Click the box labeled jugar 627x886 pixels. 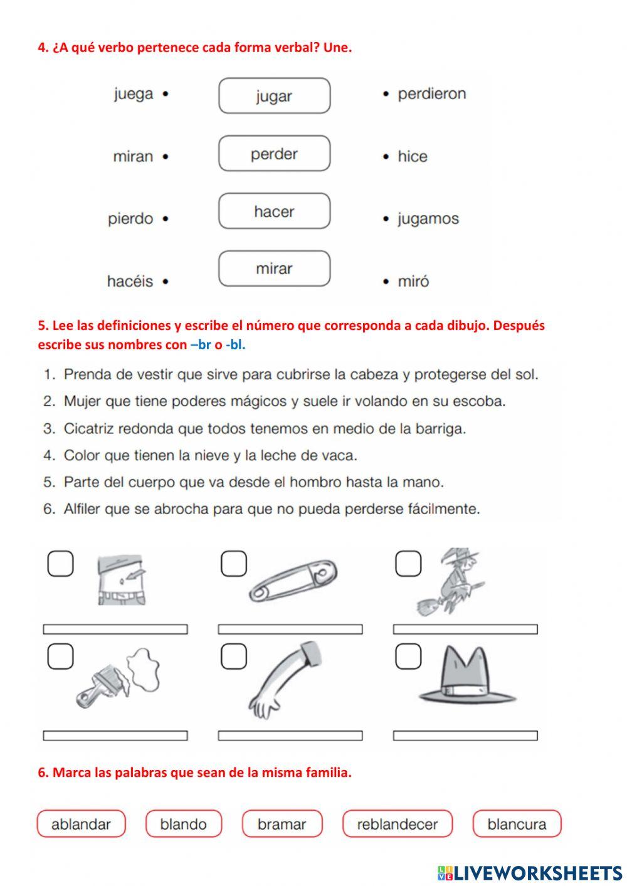pyautogui.click(x=274, y=96)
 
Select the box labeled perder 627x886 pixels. pyautogui.click(x=274, y=154)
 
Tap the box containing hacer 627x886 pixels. pyautogui.click(x=274, y=211)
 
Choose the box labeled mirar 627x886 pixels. pyautogui.click(x=274, y=269)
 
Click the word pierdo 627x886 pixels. pyautogui.click(x=130, y=219)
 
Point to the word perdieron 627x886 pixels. pyautogui.click(x=431, y=94)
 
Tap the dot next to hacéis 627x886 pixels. pyautogui.click(x=166, y=282)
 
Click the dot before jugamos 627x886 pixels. pyautogui.click(x=386, y=219)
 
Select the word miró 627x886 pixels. pyautogui.click(x=413, y=282)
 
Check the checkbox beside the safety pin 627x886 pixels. pyautogui.click(x=234, y=563)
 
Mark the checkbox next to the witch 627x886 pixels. pyautogui.click(x=408, y=563)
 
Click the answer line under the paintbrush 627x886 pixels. pyautogui.click(x=115, y=735)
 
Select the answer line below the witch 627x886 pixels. pyautogui.click(x=465, y=629)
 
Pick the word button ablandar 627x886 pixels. pyautogui.click(x=81, y=824)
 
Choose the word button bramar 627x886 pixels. pyautogui.click(x=282, y=824)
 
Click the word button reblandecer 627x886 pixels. pyautogui.click(x=397, y=824)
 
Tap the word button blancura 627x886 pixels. pyautogui.click(x=517, y=824)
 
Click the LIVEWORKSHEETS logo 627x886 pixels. pyautogui.click(x=529, y=873)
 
